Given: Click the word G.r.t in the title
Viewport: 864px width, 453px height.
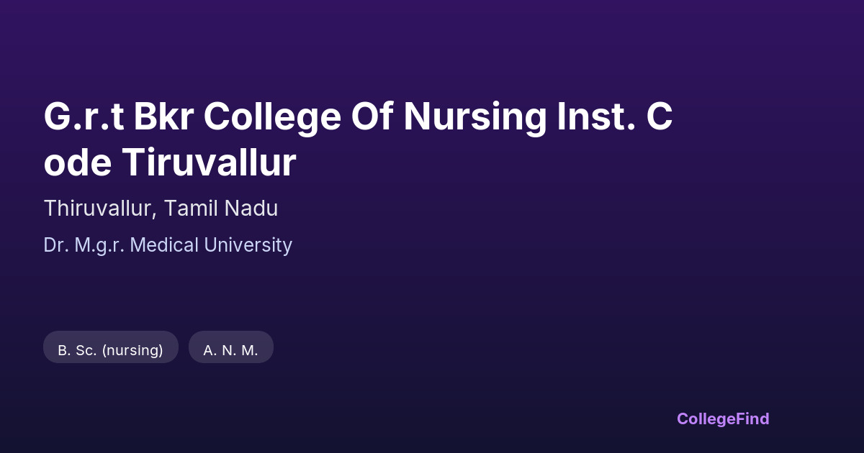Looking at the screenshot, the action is [x=84, y=116].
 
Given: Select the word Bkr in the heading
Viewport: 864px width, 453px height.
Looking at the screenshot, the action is [x=163, y=116].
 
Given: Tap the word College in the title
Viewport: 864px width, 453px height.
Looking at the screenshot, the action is [x=272, y=118].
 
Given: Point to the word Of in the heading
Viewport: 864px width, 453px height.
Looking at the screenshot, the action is [x=372, y=115].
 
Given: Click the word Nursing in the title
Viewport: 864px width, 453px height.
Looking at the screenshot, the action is [x=475, y=118].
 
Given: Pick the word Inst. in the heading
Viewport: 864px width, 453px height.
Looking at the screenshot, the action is [x=596, y=116].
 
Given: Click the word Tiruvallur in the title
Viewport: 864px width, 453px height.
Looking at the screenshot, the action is [x=209, y=163].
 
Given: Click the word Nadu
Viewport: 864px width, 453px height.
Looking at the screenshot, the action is [x=251, y=209].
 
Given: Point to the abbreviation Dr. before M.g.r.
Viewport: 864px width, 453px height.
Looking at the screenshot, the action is [x=56, y=245].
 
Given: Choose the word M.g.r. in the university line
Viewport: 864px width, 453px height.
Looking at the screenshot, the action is [x=99, y=246].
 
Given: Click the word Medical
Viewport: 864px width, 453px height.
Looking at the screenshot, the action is [x=164, y=245].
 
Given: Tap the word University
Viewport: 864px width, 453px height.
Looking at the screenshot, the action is [x=248, y=246].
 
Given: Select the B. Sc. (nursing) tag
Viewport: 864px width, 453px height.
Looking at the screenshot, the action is [x=111, y=347].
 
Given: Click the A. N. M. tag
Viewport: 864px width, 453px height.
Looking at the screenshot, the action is [x=231, y=347].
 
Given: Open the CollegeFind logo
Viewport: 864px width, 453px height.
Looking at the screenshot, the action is [x=723, y=419].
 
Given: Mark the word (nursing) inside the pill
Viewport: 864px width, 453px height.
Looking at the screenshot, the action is [x=132, y=351].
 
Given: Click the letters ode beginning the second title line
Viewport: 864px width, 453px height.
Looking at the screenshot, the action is [x=78, y=163].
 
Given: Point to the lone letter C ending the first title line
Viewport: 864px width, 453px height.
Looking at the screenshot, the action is [x=660, y=116].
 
